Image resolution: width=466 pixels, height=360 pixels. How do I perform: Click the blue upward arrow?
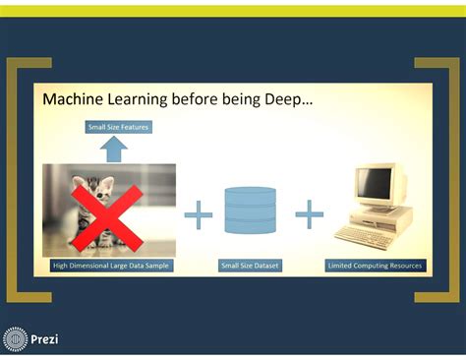pyautogui.click(x=115, y=149)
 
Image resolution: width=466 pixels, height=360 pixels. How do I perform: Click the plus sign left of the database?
pyautogui.click(x=199, y=213)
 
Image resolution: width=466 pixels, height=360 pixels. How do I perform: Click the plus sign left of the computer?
pyautogui.click(x=310, y=213)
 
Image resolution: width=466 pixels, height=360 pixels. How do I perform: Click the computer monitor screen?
pyautogui.click(x=374, y=184)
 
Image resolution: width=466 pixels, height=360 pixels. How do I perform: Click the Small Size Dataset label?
pyautogui.click(x=251, y=266)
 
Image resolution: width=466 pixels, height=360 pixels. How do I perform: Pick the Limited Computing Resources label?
pyautogui.click(x=375, y=266)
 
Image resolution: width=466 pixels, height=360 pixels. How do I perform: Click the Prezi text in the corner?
pyautogui.click(x=44, y=339)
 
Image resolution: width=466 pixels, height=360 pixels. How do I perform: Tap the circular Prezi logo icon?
pyautogui.click(x=16, y=339)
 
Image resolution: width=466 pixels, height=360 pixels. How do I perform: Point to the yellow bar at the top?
pyautogui.click(x=233, y=10)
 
